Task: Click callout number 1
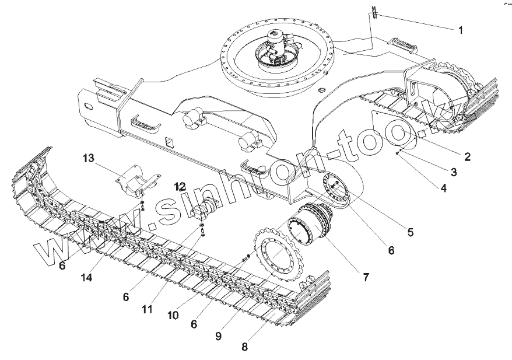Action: (461, 30)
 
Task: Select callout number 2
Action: (467, 156)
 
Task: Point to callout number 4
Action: (444, 188)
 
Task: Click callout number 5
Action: (411, 232)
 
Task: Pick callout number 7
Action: (366, 277)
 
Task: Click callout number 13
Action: (87, 158)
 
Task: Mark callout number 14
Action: (86, 278)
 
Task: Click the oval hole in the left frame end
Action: (88, 106)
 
